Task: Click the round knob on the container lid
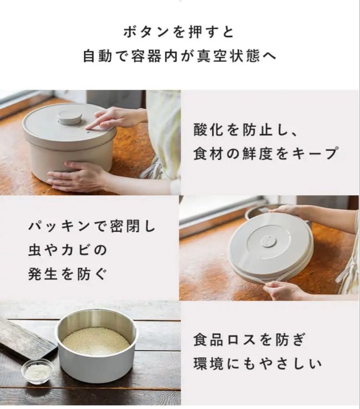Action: click(x=69, y=117)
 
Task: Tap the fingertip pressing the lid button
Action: click(x=89, y=127)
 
